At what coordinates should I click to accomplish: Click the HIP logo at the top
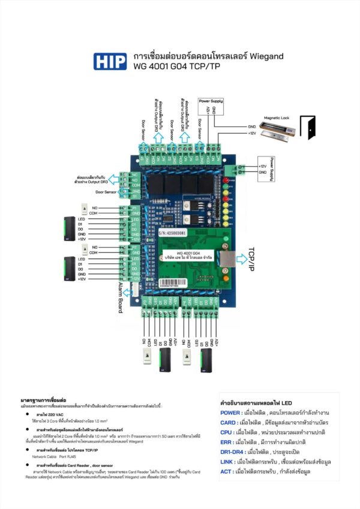[110, 62]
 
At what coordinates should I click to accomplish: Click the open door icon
[308, 127]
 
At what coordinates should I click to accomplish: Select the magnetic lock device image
[277, 131]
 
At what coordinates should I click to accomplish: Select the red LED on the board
[226, 180]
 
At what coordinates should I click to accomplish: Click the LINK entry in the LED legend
[227, 462]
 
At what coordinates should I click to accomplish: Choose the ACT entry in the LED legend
[226, 471]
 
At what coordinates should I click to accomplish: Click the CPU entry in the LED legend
[227, 432]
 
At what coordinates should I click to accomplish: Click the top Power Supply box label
[210, 101]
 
